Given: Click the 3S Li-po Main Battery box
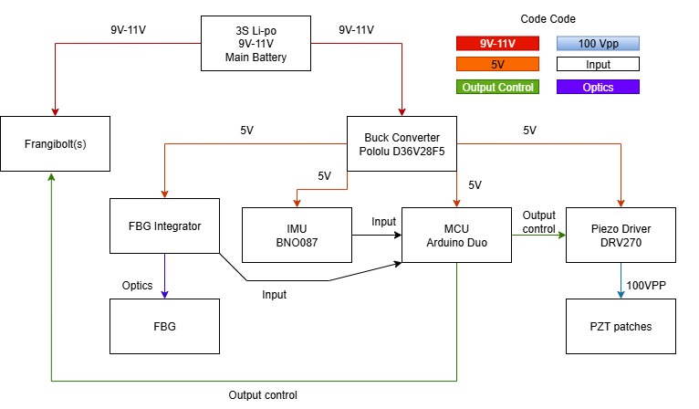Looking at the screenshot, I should point(256,44).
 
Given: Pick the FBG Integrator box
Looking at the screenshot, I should point(164,225).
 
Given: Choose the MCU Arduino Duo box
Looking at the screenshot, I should point(456,235).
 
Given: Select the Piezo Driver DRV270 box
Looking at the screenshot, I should point(621,235).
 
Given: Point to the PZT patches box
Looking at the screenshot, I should point(621,326).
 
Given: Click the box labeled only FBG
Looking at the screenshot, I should point(164,326).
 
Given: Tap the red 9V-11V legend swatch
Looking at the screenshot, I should point(497,43).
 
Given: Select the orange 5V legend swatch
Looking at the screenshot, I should point(497,65).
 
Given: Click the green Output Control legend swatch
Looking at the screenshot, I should point(497,88).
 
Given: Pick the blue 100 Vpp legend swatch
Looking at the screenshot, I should point(598,43).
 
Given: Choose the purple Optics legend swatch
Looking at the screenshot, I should point(598,88).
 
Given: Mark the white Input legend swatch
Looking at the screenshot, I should point(598,65).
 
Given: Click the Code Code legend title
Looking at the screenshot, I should point(548,18).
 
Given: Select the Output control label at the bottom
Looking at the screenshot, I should point(263,395).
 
